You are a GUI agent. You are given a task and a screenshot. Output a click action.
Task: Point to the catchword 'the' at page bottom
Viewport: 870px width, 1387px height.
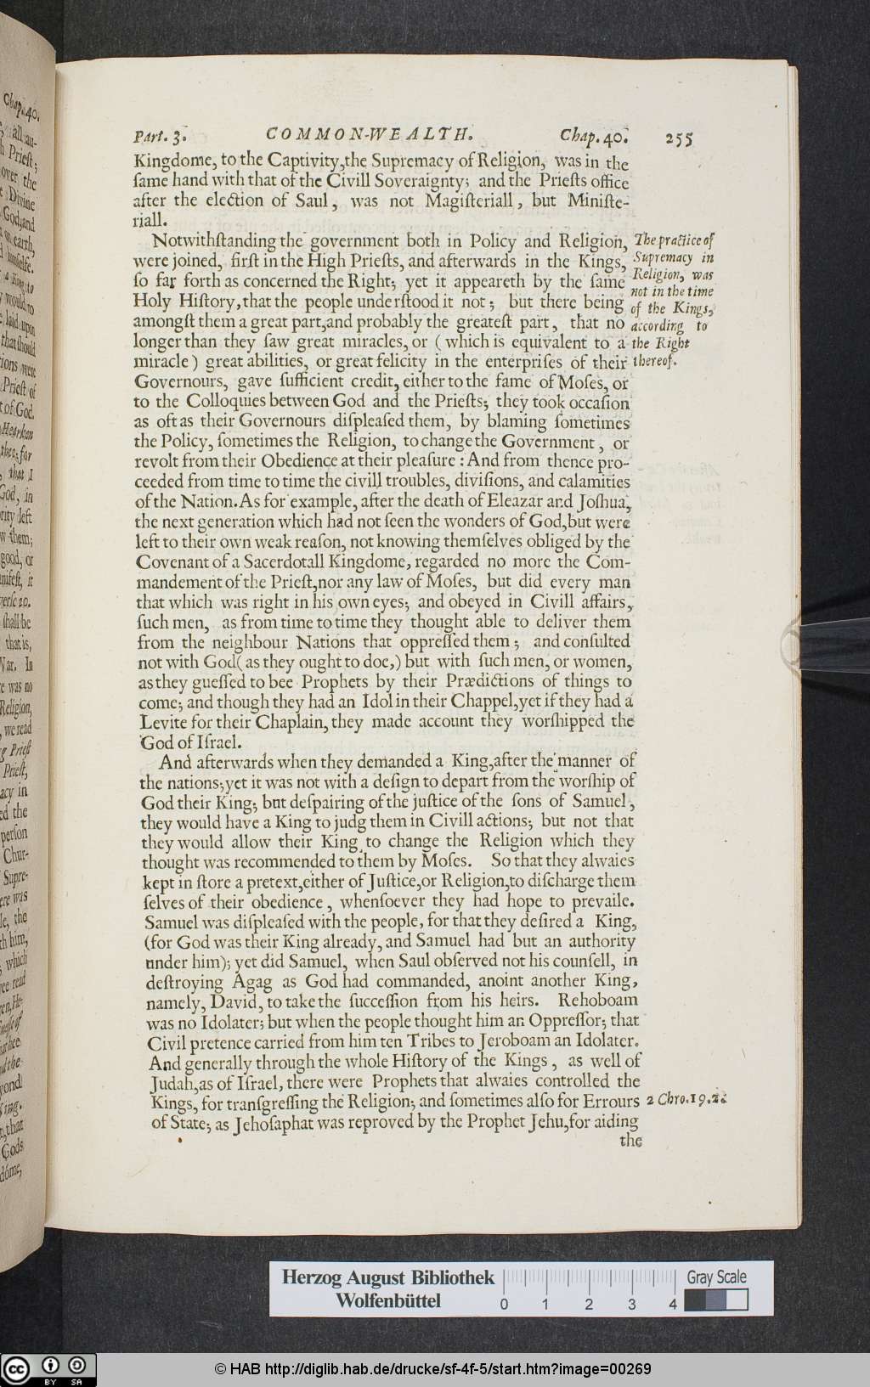tap(630, 1141)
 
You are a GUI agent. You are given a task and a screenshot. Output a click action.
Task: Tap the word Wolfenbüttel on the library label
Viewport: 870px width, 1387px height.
tap(387, 1301)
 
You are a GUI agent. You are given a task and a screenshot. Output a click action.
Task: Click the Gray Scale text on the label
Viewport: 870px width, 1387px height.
tap(716, 1277)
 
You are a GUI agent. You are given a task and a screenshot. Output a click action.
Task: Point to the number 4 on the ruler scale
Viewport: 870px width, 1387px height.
tap(673, 1305)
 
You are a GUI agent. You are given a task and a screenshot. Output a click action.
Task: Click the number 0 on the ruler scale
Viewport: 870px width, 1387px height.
tap(505, 1305)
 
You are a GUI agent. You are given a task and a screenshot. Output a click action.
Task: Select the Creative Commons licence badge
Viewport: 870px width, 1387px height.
tap(48, 1369)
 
